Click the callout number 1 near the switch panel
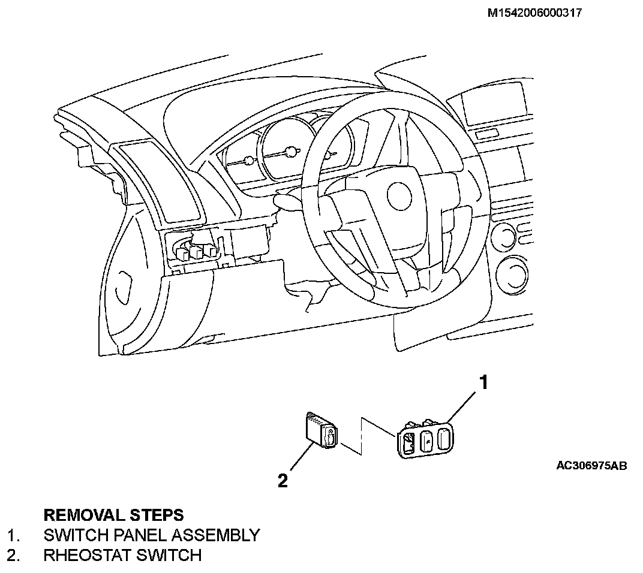tap(483, 382)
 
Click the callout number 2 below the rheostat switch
tap(283, 480)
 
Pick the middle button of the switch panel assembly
tap(426, 442)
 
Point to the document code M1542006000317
tap(535, 12)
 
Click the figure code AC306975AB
tap(591, 465)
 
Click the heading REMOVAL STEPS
tap(114, 515)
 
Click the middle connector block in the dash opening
tap(196, 252)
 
